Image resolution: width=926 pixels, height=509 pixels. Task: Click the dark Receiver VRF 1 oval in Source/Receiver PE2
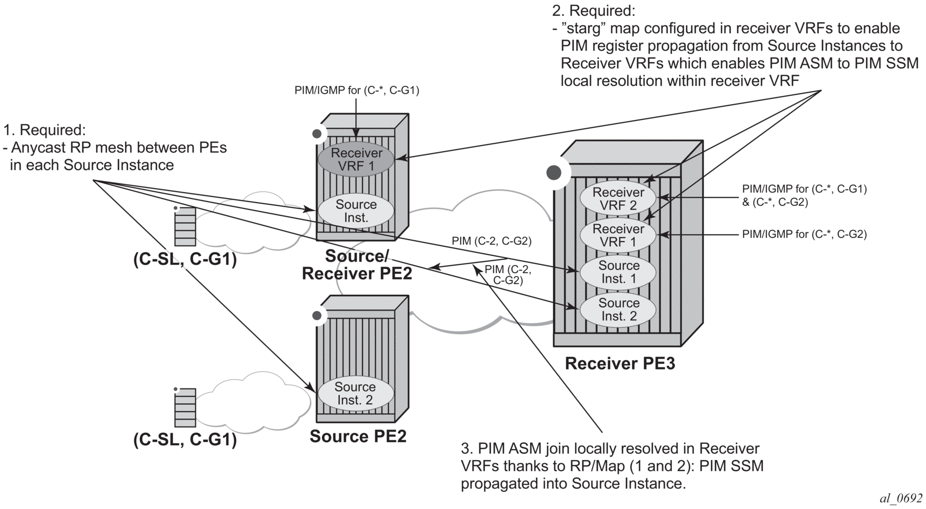pyautogui.click(x=356, y=159)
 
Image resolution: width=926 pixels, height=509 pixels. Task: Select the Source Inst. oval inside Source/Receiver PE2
pyautogui.click(x=356, y=211)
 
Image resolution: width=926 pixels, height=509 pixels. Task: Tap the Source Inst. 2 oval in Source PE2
pyautogui.click(x=355, y=393)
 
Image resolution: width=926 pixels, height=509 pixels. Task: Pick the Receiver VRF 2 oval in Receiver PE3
pyautogui.click(x=618, y=199)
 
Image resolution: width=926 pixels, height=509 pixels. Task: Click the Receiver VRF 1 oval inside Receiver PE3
pyautogui.click(x=618, y=235)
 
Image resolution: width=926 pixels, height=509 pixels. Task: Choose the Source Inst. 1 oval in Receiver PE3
pyautogui.click(x=618, y=272)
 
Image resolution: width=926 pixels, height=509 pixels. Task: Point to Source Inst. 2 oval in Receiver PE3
pyautogui.click(x=618, y=310)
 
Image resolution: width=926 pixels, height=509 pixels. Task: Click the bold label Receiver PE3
pyautogui.click(x=620, y=364)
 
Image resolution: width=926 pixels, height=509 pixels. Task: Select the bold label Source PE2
pyautogui.click(x=358, y=436)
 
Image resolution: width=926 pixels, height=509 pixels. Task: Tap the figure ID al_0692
pyautogui.click(x=901, y=498)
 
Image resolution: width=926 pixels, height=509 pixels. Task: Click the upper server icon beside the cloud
pyautogui.click(x=185, y=226)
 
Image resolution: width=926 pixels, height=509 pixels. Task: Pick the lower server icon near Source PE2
pyautogui.click(x=185, y=407)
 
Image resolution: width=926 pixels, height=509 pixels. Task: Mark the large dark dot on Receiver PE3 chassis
pyautogui.click(x=553, y=173)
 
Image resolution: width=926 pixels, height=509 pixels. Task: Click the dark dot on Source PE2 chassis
pyautogui.click(x=317, y=316)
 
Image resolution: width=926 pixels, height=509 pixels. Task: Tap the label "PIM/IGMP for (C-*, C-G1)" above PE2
pyautogui.click(x=356, y=91)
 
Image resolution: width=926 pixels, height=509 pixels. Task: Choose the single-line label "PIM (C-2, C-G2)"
pyautogui.click(x=491, y=241)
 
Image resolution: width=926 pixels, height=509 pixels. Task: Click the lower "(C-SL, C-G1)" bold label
pyautogui.click(x=185, y=440)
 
